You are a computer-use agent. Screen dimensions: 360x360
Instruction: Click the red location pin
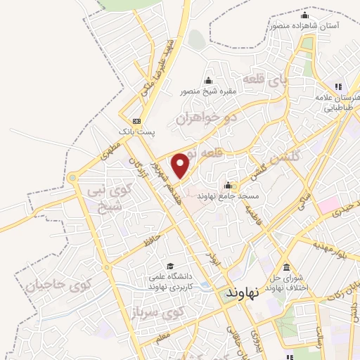[181, 165]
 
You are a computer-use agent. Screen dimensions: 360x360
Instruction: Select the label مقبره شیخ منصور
[208, 91]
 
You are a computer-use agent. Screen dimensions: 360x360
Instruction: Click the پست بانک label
[136, 131]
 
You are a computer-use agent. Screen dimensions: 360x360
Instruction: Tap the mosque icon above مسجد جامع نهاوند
[229, 184]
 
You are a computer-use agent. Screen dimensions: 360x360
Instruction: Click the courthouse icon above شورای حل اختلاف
[285, 268]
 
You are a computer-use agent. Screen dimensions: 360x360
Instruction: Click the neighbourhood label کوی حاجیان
[59, 285]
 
